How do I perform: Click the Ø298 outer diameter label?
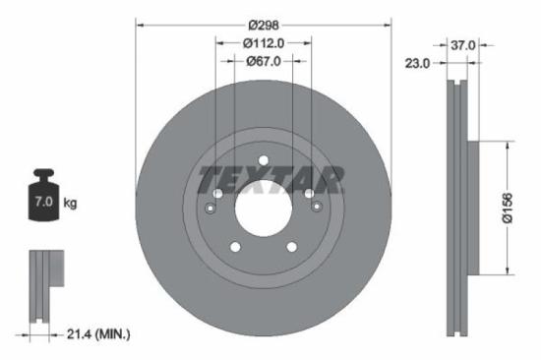(263, 24)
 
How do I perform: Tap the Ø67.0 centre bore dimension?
(263, 61)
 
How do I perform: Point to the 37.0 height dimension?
(464, 45)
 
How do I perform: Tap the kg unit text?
(70, 204)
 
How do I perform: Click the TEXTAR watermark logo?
(271, 180)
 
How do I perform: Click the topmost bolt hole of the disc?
(263, 161)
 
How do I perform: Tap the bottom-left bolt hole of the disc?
(234, 249)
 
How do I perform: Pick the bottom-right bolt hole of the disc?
(292, 249)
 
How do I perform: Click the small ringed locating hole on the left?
(215, 208)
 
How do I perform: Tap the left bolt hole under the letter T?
(217, 195)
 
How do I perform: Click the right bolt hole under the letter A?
(309, 195)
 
